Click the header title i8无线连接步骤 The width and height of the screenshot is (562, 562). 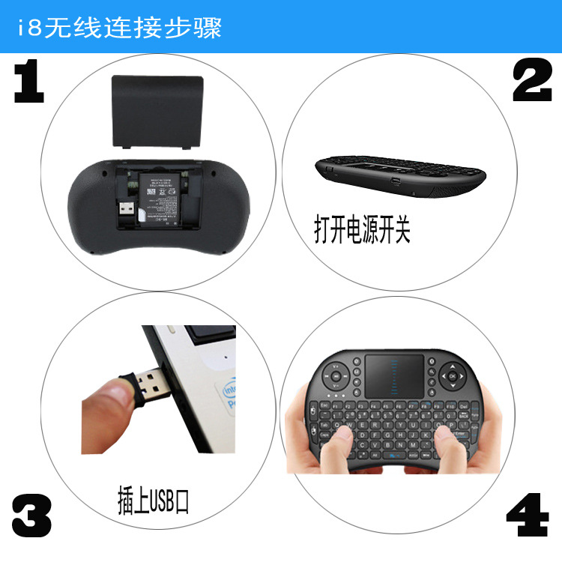click(x=120, y=28)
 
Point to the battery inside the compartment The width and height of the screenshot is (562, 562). click(x=163, y=195)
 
